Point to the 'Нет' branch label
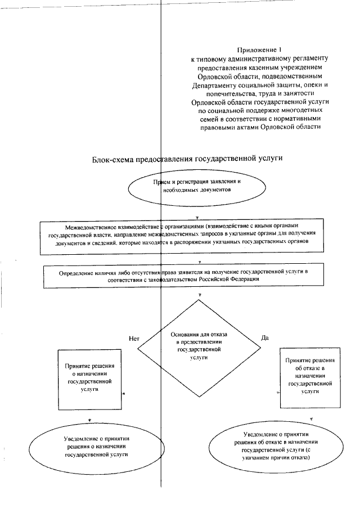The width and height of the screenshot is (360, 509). point(133,339)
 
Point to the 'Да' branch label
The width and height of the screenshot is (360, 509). point(265,337)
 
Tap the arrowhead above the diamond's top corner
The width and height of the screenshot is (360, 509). point(200,295)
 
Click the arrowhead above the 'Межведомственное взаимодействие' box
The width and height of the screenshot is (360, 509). point(196,217)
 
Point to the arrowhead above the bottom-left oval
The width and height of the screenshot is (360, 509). point(89,420)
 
